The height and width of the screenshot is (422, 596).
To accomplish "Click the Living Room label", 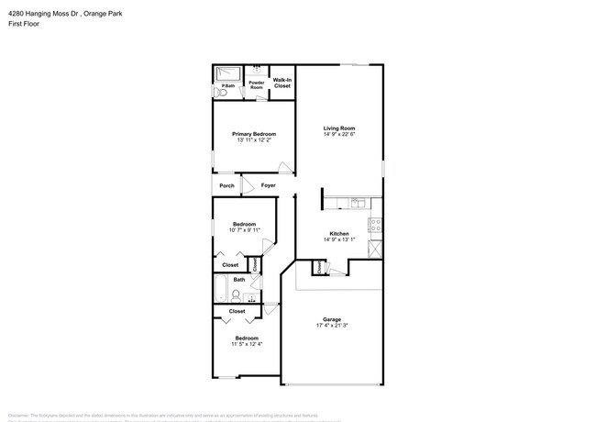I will click(339, 128).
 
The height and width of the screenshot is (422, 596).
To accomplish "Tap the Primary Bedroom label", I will click(253, 134).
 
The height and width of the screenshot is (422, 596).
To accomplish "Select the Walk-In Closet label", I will click(281, 83).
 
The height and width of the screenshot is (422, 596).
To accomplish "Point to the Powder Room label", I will click(256, 85).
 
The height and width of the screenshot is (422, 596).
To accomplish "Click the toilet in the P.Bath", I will click(220, 94).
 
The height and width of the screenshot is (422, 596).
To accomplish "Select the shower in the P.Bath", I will click(227, 73).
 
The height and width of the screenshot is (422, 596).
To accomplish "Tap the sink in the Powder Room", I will click(256, 69).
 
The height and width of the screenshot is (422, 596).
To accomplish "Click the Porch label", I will click(226, 185).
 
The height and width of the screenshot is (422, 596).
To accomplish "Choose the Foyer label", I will click(268, 185).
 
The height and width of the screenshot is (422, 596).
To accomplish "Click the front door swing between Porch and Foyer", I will click(246, 186).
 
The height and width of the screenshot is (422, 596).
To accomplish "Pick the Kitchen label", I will click(338, 234).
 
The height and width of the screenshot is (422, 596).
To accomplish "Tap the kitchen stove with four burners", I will click(374, 226).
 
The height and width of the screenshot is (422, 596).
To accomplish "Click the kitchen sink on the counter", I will click(358, 202).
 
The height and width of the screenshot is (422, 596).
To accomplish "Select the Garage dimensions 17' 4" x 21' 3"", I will click(331, 326).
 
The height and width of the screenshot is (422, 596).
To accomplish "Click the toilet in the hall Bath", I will click(237, 295).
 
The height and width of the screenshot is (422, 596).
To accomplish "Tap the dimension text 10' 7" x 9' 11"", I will click(244, 230).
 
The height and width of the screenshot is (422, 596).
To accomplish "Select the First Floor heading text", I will click(20, 25).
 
